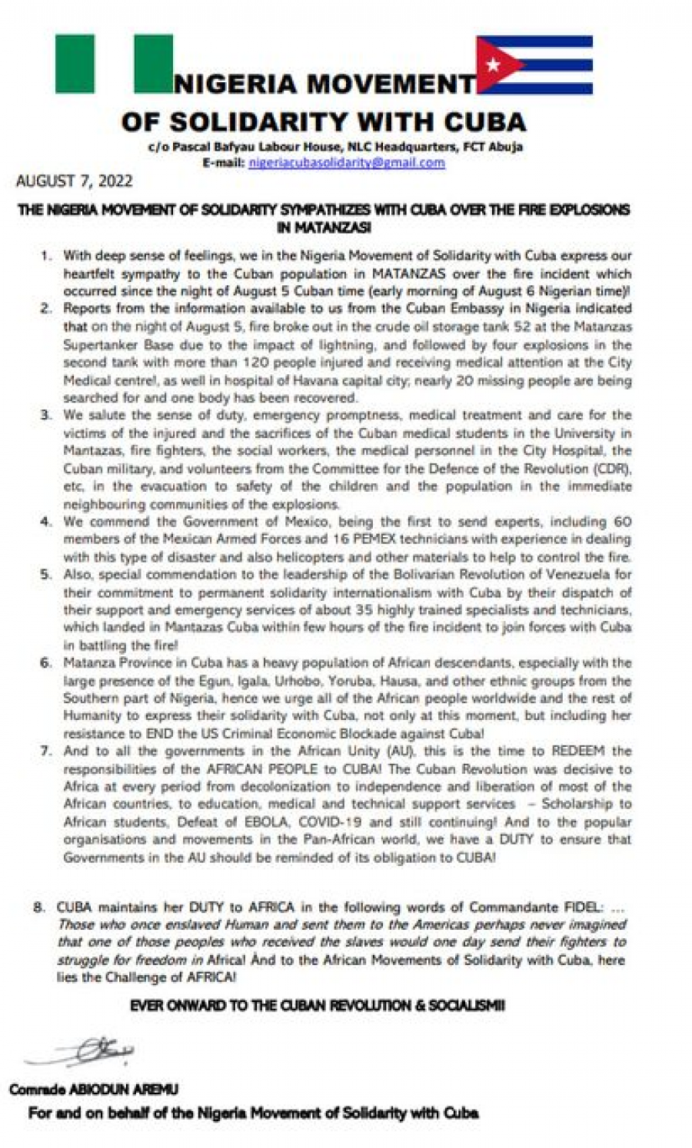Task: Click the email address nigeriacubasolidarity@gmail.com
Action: pos(347,163)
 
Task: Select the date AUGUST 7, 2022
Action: pos(75,181)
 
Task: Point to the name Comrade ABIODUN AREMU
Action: pos(95,1090)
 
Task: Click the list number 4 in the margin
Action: pos(47,523)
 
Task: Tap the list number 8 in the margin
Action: pos(39,907)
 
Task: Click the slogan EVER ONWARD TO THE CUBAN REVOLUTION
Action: pos(317,1006)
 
